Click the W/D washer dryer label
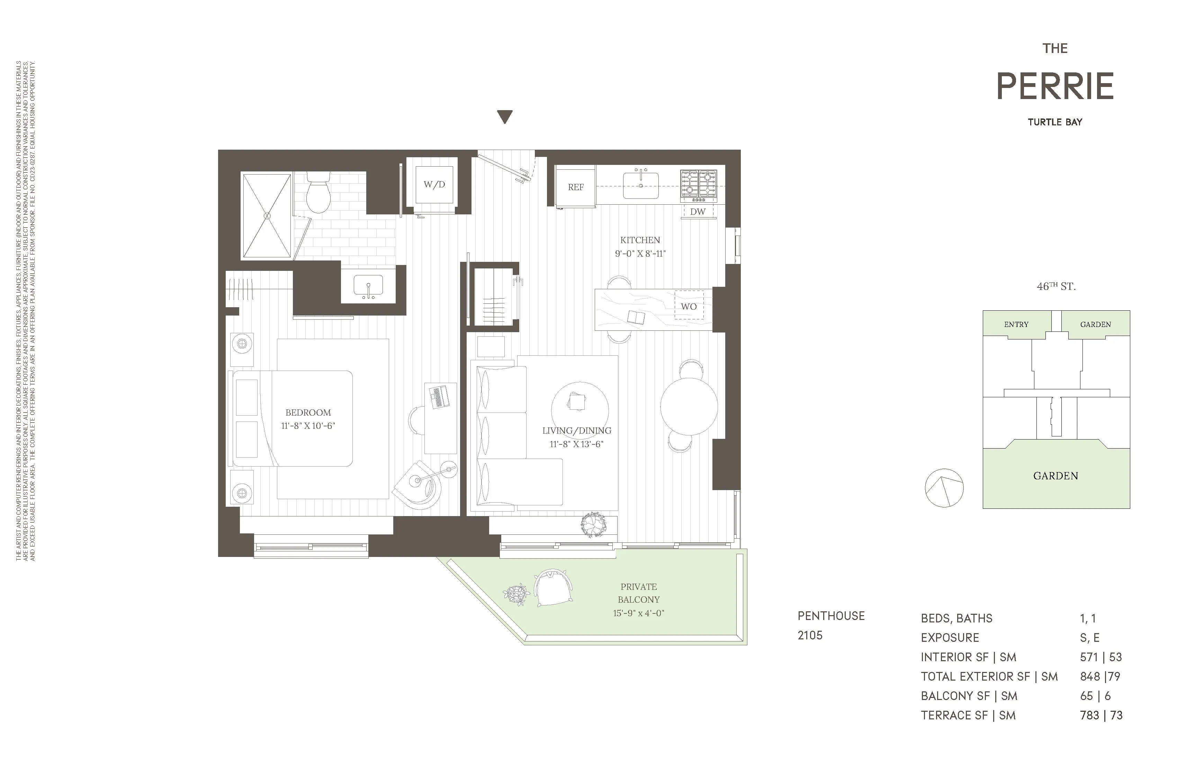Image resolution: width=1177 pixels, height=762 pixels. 434,185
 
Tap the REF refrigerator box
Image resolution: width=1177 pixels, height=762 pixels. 576,187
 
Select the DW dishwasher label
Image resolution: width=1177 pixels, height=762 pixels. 698,212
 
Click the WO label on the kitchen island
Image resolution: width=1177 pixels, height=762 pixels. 689,306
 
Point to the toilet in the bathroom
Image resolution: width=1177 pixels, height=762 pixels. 318,194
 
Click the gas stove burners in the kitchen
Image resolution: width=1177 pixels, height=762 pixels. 698,184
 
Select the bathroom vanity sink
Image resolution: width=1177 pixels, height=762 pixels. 368,286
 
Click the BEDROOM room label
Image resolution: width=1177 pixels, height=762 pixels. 308,413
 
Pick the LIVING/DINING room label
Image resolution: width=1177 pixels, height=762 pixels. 577,431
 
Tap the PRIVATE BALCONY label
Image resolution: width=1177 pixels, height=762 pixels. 638,593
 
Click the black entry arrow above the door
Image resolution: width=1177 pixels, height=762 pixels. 504,117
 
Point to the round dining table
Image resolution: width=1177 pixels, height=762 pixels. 689,406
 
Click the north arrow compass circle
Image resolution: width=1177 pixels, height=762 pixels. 944,488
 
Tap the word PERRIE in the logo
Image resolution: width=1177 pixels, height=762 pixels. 1055,87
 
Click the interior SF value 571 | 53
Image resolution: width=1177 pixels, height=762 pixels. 1100,657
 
